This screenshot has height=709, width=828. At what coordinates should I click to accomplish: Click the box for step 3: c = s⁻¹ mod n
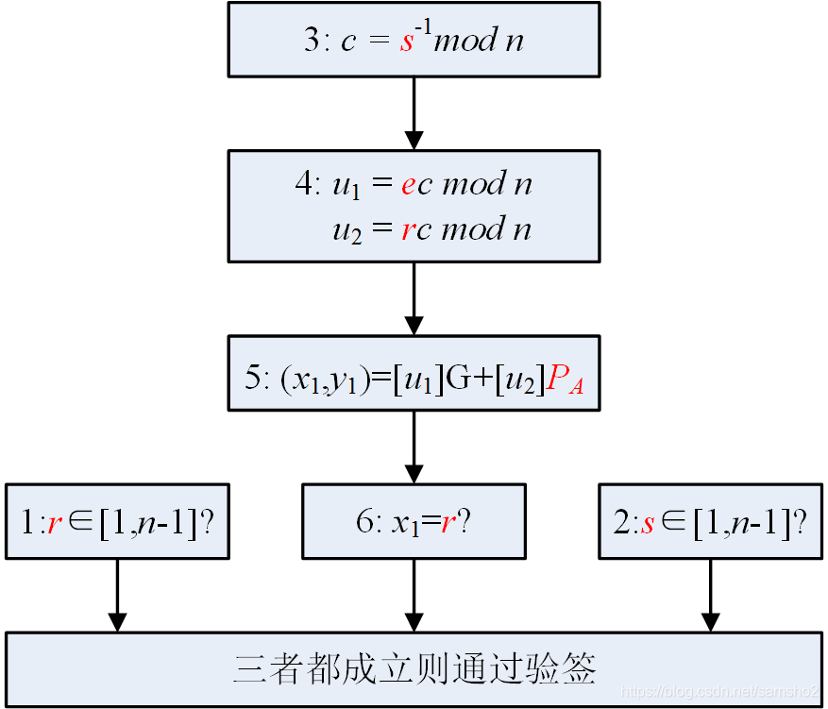(414, 40)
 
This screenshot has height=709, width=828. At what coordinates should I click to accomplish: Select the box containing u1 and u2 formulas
(414, 206)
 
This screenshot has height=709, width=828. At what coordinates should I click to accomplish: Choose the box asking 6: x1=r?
(414, 521)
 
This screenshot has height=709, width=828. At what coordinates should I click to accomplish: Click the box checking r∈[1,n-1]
(117, 521)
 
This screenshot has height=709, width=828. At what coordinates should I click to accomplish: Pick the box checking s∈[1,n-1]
(710, 521)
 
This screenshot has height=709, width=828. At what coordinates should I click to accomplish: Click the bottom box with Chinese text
(414, 669)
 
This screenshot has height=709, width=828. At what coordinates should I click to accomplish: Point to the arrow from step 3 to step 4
(414, 113)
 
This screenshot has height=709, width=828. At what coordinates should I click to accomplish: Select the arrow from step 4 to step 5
(414, 298)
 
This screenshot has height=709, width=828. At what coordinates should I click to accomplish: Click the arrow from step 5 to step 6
(414, 447)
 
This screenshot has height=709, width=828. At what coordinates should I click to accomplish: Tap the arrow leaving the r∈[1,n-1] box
(117, 595)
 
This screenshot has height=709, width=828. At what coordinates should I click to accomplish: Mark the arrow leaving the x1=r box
(414, 595)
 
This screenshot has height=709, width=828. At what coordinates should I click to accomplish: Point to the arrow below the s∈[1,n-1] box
(710, 595)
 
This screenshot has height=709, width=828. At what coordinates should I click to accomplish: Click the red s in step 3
(407, 42)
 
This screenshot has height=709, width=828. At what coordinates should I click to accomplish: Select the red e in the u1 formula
(408, 185)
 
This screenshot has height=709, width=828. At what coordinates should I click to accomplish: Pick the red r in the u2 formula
(407, 230)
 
